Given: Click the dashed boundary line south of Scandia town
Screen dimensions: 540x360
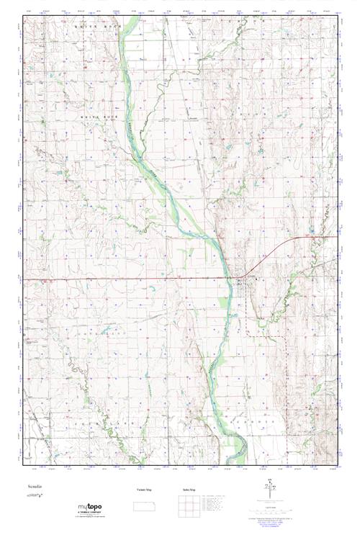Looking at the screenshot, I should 248,317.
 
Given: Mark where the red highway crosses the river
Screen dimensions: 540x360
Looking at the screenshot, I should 230,279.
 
